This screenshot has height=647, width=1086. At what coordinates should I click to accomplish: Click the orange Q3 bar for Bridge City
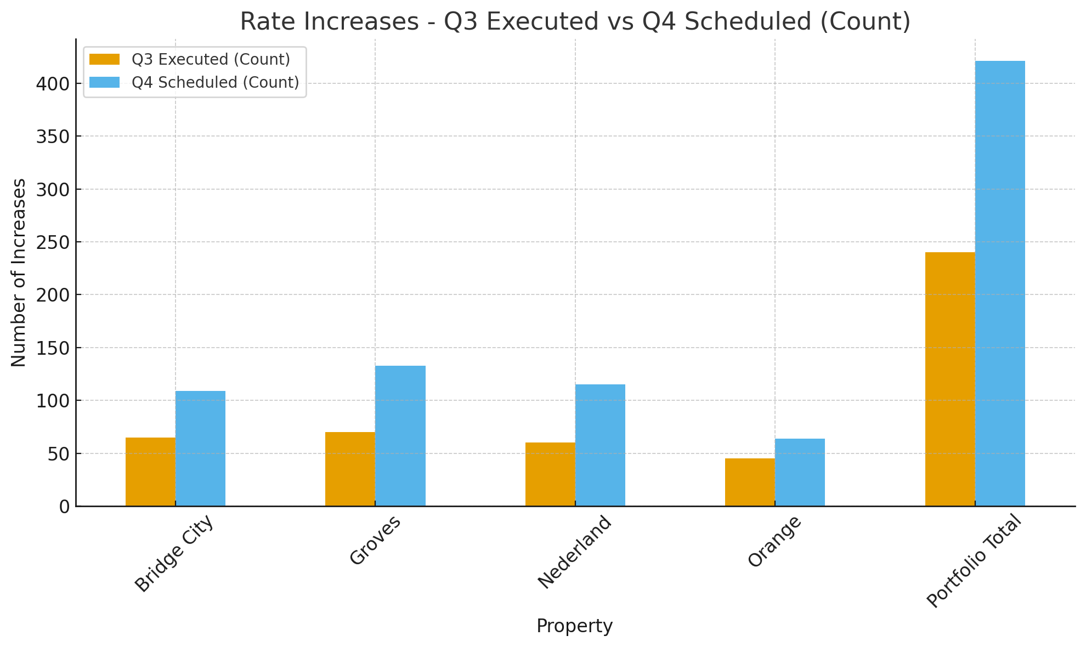click(150, 472)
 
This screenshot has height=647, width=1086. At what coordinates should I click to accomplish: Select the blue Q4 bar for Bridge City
click(200, 448)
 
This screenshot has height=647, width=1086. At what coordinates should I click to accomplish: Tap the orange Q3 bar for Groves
click(350, 469)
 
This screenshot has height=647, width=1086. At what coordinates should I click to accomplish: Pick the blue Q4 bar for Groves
click(400, 435)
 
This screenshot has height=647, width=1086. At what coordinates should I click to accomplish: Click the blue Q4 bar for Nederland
click(600, 445)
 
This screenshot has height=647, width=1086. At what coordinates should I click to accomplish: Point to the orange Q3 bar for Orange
click(750, 482)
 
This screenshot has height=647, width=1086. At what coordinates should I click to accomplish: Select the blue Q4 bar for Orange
click(800, 472)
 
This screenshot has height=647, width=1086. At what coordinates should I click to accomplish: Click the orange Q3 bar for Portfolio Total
click(950, 379)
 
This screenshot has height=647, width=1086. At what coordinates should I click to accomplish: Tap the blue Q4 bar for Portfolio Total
click(1000, 283)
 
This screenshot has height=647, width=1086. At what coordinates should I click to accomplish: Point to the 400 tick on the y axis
click(53, 84)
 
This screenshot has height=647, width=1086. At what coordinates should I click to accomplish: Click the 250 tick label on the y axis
click(53, 242)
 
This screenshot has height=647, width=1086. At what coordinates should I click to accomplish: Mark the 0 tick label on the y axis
click(64, 507)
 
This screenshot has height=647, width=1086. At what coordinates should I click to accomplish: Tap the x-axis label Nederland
click(574, 552)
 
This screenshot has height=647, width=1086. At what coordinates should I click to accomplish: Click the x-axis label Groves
click(376, 540)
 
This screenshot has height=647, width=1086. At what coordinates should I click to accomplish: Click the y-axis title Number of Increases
click(19, 273)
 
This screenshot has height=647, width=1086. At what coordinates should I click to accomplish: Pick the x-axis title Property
click(574, 626)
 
